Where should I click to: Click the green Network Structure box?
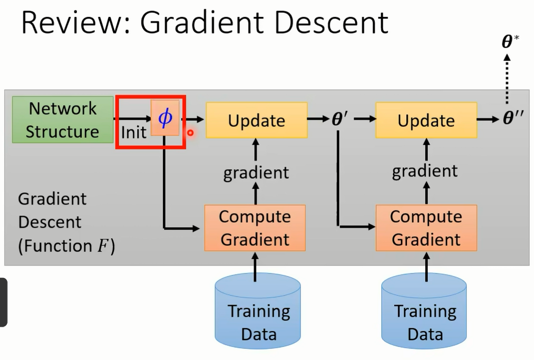tap(63, 119)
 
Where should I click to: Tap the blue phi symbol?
tap(165, 118)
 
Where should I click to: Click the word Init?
tap(134, 132)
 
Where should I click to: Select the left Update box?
tap(257, 120)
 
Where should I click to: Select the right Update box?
tap(427, 120)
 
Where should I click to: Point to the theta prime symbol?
tap(340, 119)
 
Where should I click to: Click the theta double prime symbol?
tap(513, 117)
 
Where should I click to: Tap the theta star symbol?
tap(510, 41)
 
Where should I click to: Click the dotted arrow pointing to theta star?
tap(507, 79)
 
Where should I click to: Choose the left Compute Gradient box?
tap(255, 228)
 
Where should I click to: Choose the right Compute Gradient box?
tap(427, 228)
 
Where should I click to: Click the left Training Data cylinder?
tap(258, 311)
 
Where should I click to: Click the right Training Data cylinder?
tap(424, 311)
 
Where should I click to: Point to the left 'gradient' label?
tap(256, 173)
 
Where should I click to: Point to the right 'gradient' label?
tap(425, 171)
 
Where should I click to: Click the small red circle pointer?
tap(190, 133)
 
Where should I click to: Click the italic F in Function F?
tap(103, 246)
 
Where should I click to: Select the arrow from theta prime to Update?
tap(365, 119)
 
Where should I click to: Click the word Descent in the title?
tap(332, 23)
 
